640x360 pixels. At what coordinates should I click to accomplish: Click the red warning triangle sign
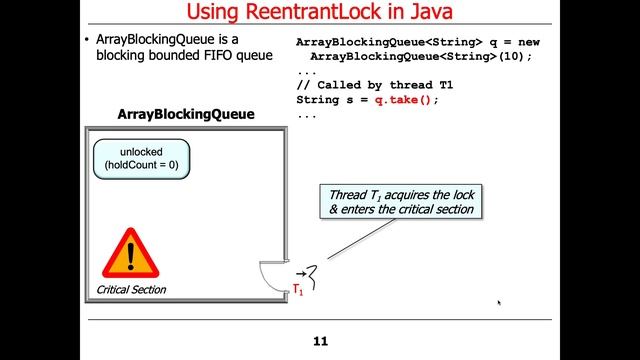[128, 256]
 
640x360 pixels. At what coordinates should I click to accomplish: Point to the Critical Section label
[131, 290]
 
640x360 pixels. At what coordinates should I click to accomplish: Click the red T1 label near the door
[297, 289]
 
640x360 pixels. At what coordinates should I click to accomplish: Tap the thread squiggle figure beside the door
[314, 272]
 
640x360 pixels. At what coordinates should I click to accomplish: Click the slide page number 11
[320, 341]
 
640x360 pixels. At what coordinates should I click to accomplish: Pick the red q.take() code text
[407, 101]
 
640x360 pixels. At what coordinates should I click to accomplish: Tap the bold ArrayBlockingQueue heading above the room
[186, 115]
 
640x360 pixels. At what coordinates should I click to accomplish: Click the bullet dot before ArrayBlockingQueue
[86, 40]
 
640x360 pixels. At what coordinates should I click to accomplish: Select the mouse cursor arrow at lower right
[498, 302]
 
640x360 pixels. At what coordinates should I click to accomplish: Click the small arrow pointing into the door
[300, 271]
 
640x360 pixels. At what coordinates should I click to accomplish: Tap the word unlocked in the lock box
[141, 151]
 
